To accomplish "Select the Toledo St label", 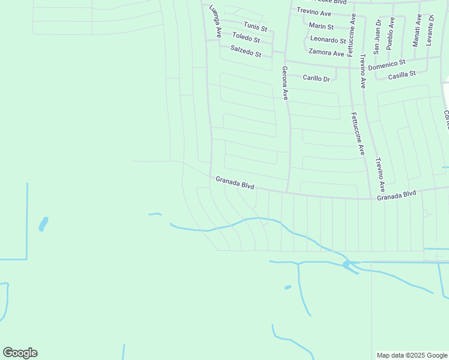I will [246, 38].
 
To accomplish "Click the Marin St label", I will [321, 26].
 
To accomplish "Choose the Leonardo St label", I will [328, 40].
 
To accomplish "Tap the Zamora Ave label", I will [327, 53].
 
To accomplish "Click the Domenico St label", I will [387, 62].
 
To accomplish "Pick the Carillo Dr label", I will [316, 78].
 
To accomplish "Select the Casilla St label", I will [402, 75].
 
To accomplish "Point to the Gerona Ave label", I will [286, 82].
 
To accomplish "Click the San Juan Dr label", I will [377, 37].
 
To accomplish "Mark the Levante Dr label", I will [430, 30].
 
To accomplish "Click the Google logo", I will [20, 353].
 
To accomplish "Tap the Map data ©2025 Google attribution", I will [412, 355].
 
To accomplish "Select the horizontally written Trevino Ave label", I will [314, 12].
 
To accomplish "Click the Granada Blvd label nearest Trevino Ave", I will [396, 195].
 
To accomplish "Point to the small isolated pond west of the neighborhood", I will [43, 224].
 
